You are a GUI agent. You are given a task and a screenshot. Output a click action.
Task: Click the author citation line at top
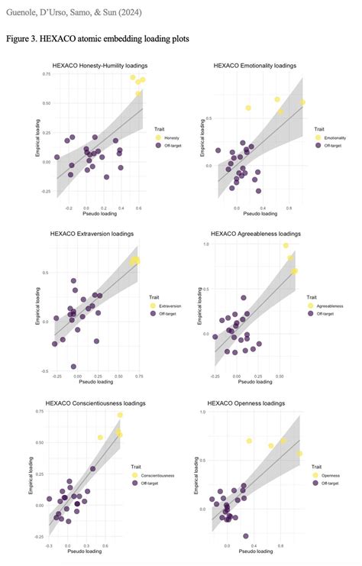click(79, 11)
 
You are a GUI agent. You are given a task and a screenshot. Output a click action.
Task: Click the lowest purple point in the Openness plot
click(246, 536)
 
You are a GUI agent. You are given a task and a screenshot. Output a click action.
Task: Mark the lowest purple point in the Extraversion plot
click(74, 367)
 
